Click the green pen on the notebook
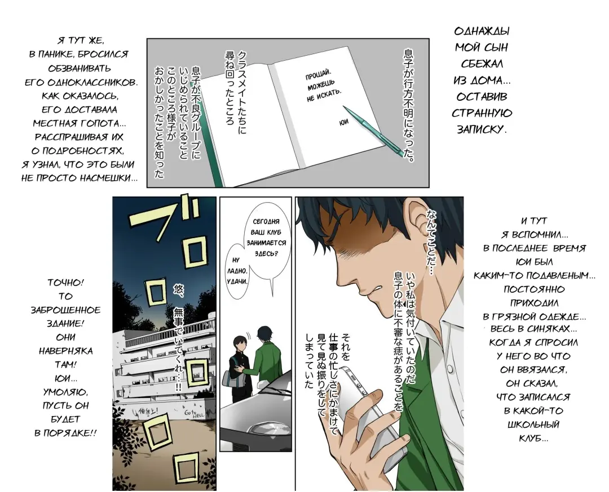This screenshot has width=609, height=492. coord(373,131)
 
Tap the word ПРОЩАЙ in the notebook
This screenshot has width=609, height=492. coord(317,74)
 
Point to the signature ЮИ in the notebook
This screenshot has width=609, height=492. coord(344,122)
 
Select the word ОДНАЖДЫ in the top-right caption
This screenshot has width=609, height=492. coord(482,32)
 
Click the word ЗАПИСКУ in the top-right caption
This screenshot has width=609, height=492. coord(481,129)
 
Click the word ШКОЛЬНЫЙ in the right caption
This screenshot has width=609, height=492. coord(533,424)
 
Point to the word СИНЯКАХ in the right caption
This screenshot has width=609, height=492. coord(552,329)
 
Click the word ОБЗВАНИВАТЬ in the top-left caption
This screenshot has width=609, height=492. coord(80,69)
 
